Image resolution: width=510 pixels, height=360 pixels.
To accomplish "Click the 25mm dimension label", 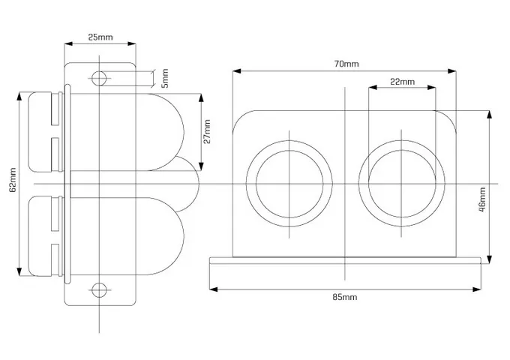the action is (x=100, y=37).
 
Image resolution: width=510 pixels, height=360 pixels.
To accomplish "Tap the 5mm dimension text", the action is (x=165, y=78).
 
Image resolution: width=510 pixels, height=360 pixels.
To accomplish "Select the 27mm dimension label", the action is (x=206, y=131).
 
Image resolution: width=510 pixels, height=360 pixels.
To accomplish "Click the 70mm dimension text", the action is (x=346, y=64).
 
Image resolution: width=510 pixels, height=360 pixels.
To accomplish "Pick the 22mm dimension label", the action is (x=402, y=82).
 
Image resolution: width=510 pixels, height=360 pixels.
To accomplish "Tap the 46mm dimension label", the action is (x=482, y=199).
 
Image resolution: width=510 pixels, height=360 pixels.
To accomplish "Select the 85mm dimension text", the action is (x=345, y=297).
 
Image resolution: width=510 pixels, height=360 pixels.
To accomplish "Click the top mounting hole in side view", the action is (x=99, y=78).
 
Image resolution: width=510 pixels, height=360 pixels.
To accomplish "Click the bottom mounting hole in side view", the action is (x=99, y=290).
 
